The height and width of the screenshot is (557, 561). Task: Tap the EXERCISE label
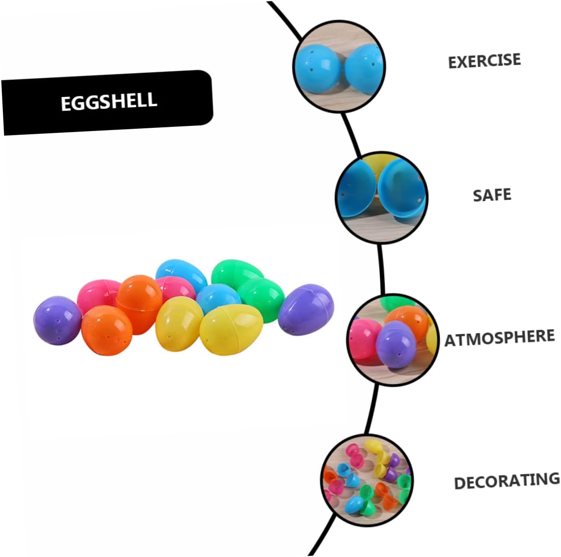484,61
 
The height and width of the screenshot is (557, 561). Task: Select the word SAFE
492,195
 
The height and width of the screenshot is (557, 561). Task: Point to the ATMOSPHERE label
500,338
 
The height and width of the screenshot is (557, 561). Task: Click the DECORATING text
507,481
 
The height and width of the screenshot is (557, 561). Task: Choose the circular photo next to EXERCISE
339,66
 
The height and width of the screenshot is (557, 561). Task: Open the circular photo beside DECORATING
367,480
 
